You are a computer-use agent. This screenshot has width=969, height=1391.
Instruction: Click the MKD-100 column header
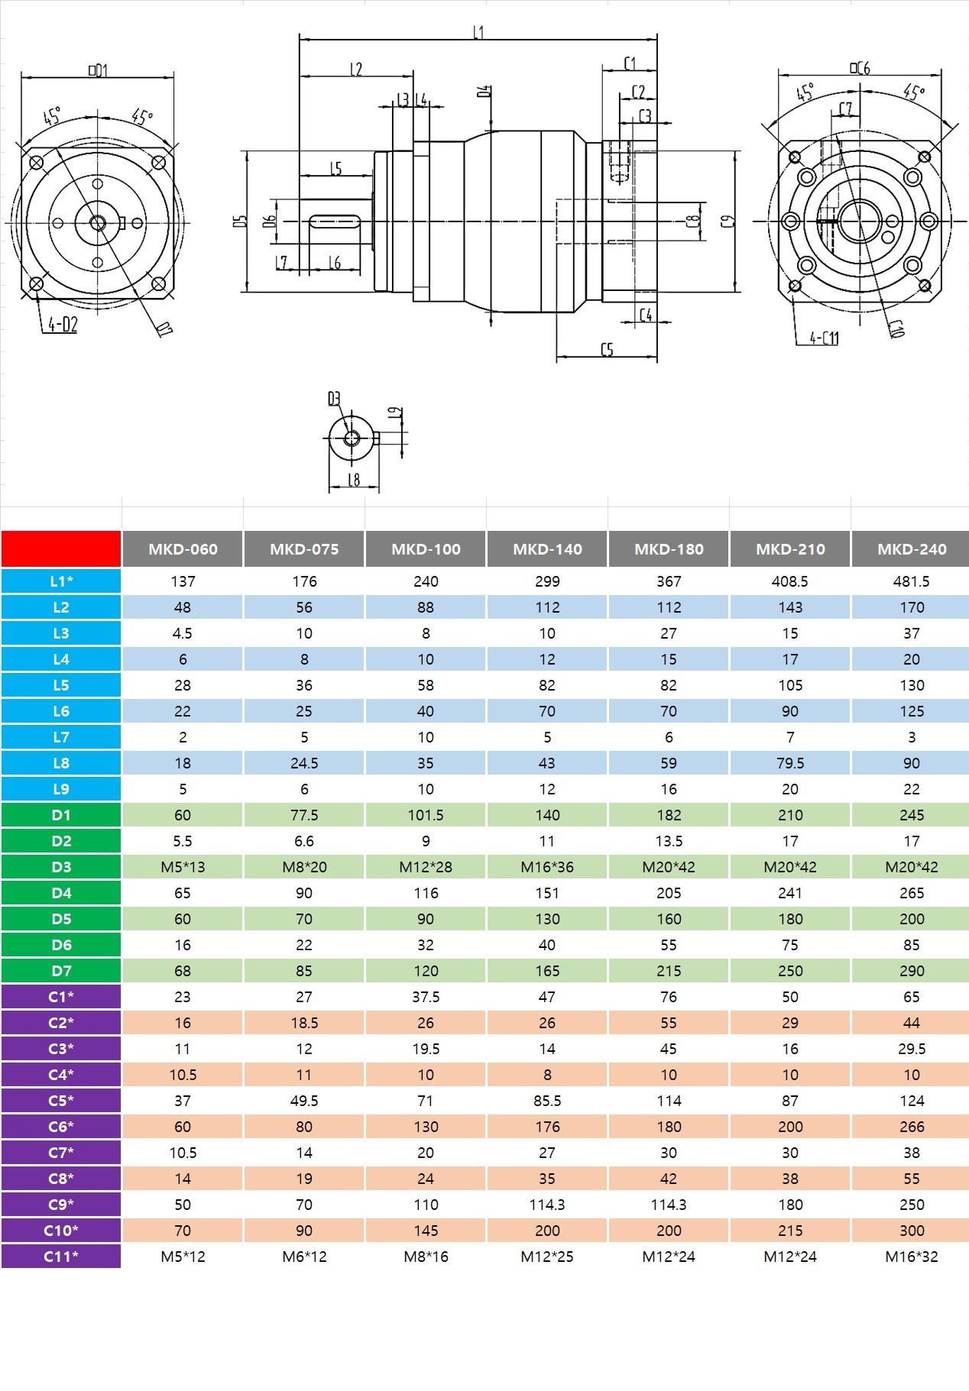[426, 549]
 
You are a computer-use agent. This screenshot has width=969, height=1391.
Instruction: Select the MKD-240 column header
[911, 549]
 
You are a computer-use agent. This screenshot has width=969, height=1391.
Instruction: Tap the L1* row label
[61, 581]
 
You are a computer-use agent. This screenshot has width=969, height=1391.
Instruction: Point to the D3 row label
[61, 867]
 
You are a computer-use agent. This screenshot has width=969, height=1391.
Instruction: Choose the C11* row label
[61, 1257]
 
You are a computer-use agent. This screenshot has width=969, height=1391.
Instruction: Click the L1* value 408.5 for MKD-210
[790, 581]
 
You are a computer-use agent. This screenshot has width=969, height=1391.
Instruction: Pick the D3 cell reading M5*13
[183, 867]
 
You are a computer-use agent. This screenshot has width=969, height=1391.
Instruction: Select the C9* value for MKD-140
[547, 1205]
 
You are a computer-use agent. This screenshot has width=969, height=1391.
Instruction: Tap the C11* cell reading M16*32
[912, 1257]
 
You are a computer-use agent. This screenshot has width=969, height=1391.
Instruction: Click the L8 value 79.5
[790, 763]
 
